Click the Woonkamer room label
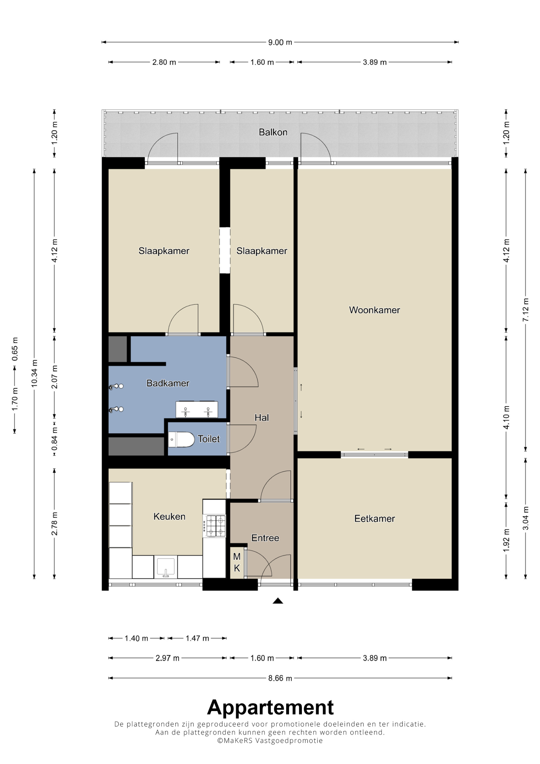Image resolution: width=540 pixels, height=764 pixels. pyautogui.click(x=374, y=310)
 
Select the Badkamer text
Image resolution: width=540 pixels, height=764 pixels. pyautogui.click(x=168, y=383)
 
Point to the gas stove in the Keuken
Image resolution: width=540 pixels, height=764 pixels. pyautogui.click(x=216, y=526)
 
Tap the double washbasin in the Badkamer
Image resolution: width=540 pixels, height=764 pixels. pyautogui.click(x=197, y=409)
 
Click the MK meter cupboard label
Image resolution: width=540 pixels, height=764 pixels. pyautogui.click(x=237, y=562)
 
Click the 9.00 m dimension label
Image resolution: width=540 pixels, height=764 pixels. pyautogui.click(x=280, y=43)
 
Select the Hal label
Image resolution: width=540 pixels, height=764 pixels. pyautogui.click(x=262, y=418)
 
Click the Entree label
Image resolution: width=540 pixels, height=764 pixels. pyautogui.click(x=265, y=538)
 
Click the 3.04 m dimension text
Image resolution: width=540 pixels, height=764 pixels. pyautogui.click(x=526, y=518)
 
